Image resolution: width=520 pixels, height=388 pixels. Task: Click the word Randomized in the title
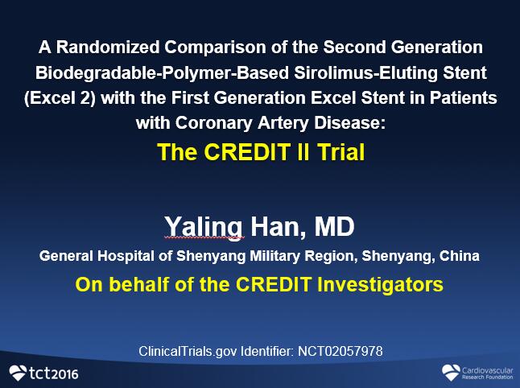pyautogui.click(x=108, y=47)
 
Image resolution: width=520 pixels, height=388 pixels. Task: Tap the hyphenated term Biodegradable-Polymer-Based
pyautogui.click(x=162, y=73)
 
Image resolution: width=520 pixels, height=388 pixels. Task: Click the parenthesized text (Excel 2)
pyautogui.click(x=60, y=98)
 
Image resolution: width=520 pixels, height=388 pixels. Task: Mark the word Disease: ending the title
pyautogui.click(x=350, y=123)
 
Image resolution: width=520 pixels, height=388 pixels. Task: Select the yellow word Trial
pyautogui.click(x=341, y=152)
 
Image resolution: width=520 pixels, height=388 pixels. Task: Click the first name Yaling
pyautogui.click(x=204, y=228)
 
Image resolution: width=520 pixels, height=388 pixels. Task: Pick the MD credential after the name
pyautogui.click(x=334, y=227)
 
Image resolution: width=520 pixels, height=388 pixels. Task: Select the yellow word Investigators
pyautogui.click(x=380, y=285)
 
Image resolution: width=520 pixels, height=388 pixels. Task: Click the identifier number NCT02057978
pyautogui.click(x=340, y=351)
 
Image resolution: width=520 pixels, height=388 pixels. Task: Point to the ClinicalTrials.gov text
pyautogui.click(x=188, y=352)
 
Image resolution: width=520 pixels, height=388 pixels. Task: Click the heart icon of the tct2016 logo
pyautogui.click(x=18, y=373)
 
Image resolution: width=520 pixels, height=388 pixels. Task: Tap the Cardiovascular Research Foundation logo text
pyautogui.click(x=488, y=373)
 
